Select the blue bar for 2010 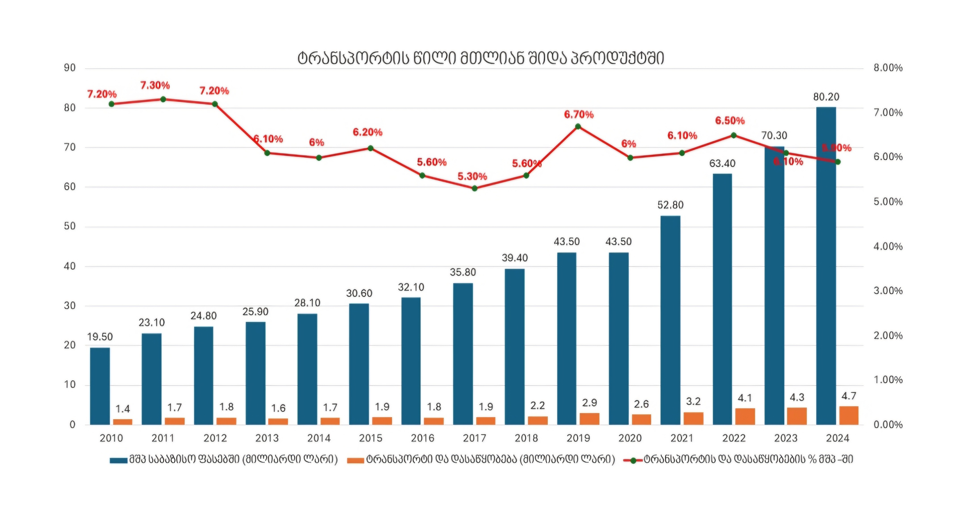(100, 386)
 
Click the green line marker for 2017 (475, 188)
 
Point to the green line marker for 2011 (163, 99)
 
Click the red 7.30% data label (155, 85)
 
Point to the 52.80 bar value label (670, 205)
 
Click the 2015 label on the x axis (371, 438)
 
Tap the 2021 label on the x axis (682, 438)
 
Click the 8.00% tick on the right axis (888, 68)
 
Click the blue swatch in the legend (118, 460)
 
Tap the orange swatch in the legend (355, 460)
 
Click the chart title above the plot (481, 59)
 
